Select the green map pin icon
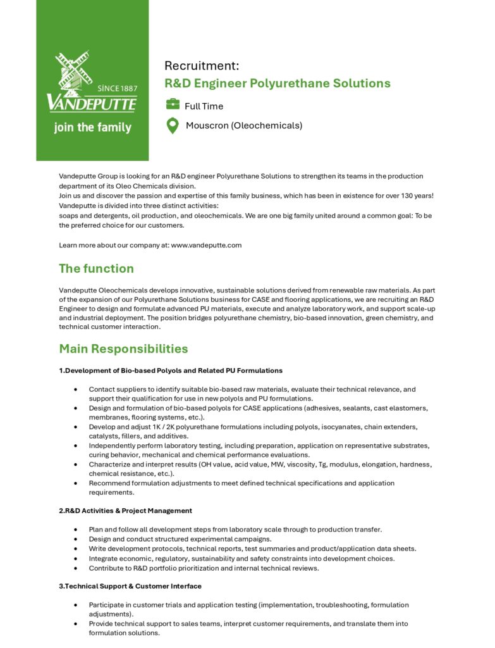[x=173, y=125]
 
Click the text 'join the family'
[x=92, y=127]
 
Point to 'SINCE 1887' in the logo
[x=117, y=88]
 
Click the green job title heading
[x=278, y=84]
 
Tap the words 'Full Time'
[x=204, y=106]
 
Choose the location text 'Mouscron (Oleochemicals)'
[x=244, y=125]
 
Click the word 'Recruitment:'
[x=202, y=66]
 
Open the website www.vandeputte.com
[x=206, y=245]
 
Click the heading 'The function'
[x=96, y=268]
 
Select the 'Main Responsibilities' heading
[x=123, y=349]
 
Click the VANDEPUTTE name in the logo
[x=92, y=103]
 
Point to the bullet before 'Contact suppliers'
[x=76, y=390]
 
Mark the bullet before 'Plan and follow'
[x=76, y=530]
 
